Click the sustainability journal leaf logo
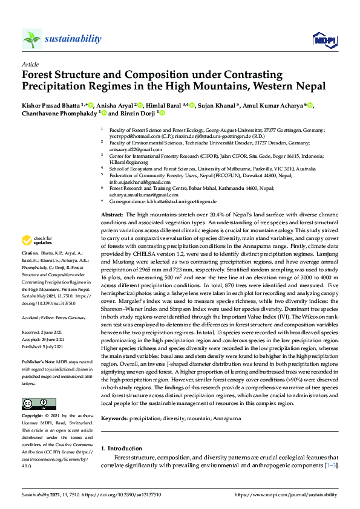[32, 39]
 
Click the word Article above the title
[30, 64]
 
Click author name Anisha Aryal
[114, 105]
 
